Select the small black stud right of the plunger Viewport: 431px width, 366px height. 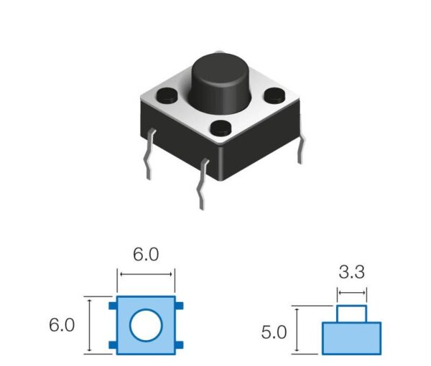pos(275,95)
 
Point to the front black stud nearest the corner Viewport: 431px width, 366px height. pos(221,128)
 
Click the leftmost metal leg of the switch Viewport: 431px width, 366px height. pos(149,154)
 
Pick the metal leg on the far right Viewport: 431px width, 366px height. pos(302,150)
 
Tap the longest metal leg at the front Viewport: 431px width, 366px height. pos(203,184)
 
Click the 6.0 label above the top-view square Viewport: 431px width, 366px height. pos(146,255)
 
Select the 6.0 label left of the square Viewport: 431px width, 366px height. pos(62,325)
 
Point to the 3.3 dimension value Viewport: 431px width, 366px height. pos(352,273)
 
